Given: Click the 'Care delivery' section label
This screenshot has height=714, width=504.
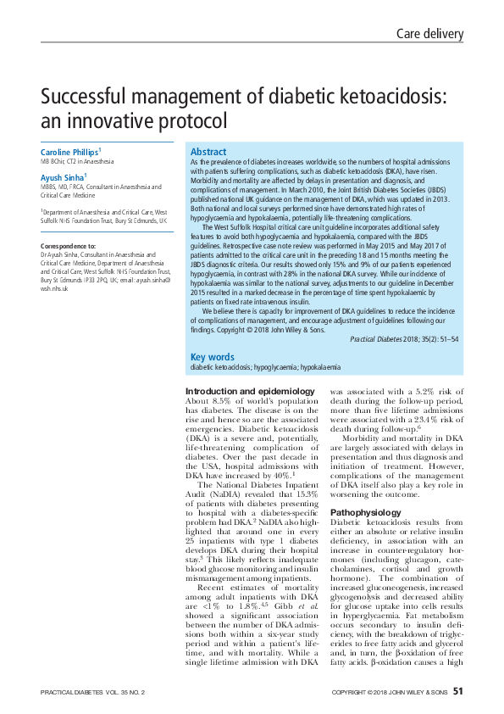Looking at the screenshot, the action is tap(430, 34).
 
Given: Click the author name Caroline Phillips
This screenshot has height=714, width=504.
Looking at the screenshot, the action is tap(70, 151).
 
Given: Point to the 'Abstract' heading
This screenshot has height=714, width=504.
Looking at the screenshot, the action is tap(208, 150).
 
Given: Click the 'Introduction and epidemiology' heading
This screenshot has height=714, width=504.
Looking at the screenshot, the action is tap(238, 391).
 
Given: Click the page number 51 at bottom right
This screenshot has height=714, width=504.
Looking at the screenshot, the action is tap(457, 692).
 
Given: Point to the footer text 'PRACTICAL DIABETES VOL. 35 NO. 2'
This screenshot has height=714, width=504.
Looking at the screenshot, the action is tap(93, 693).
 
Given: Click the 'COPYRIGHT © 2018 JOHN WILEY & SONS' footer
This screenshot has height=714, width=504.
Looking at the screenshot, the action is tap(389, 693).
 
